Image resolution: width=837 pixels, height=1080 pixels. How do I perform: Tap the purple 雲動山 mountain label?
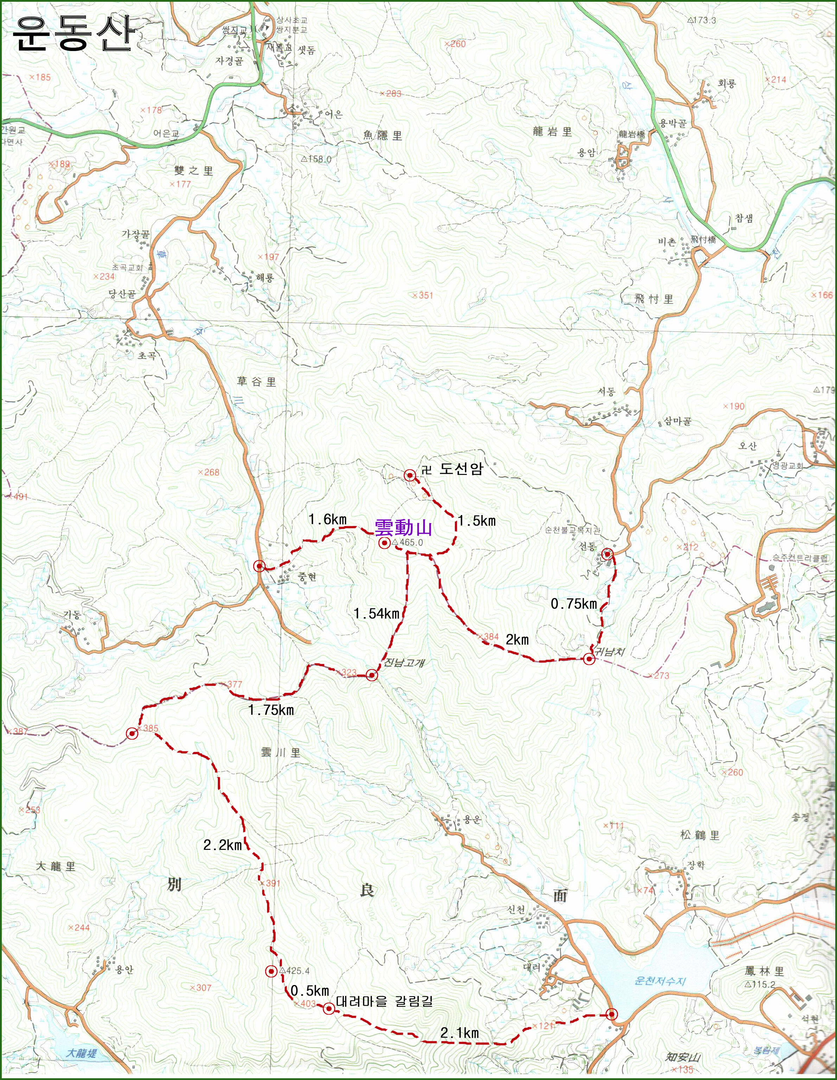pos(403,528)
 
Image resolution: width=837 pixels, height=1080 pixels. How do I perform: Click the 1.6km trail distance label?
pos(327,519)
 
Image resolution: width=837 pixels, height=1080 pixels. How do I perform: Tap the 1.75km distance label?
pos(271,710)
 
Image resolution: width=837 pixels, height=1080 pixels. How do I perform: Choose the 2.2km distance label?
pos(223,845)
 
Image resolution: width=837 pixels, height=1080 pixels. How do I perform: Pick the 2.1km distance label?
pos(459,1033)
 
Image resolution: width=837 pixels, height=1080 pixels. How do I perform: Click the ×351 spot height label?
pos(422,296)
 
